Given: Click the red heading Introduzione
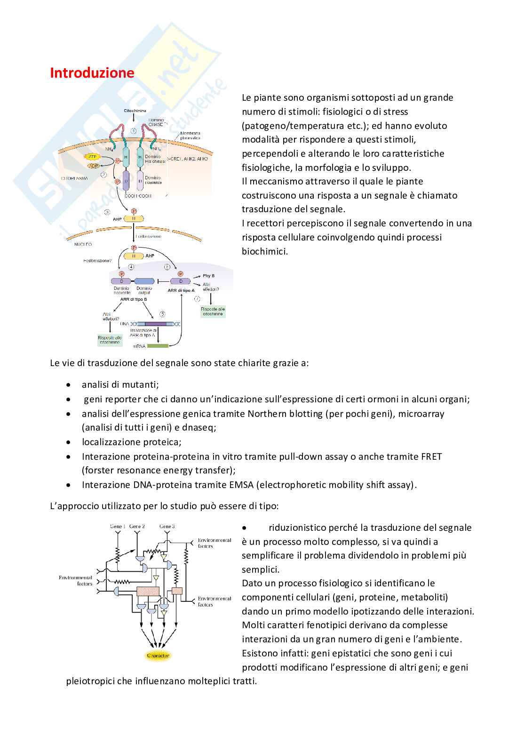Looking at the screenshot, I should tap(92, 73).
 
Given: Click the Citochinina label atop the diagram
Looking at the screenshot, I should tap(135, 111).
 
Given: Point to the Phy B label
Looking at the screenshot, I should tap(209, 276).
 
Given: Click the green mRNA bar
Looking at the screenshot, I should tap(158, 346).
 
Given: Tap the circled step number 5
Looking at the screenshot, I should tap(162, 313).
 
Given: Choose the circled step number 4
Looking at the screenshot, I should tap(131, 267).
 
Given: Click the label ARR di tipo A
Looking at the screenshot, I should tap(181, 291).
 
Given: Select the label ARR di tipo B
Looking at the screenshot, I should tap(133, 299).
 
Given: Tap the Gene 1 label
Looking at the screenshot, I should tap(117, 526).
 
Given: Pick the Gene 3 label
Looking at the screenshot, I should tap(167, 526).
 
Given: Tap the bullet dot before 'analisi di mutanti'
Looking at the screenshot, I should tap(69, 385).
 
